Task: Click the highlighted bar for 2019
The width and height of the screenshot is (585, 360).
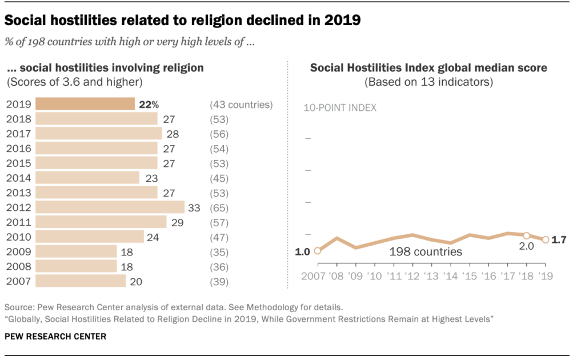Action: point(85,104)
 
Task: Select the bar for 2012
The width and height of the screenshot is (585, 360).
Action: point(110,207)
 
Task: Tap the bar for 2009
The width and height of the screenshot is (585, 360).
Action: point(76,252)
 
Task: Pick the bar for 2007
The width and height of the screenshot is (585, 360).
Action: point(81,281)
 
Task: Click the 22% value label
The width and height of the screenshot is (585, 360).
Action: point(147,105)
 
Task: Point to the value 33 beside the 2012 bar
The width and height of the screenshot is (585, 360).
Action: point(194,208)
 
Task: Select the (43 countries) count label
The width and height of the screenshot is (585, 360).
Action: point(241,105)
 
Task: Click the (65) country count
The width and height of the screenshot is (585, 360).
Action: point(219,208)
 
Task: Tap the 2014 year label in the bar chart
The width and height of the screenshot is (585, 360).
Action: point(18,178)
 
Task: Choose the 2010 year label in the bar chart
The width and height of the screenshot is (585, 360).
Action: point(18,237)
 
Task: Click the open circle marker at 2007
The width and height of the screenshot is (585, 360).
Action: point(318,250)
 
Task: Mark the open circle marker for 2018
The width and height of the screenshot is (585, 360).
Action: point(526,235)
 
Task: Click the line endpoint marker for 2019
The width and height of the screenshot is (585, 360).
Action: point(545,240)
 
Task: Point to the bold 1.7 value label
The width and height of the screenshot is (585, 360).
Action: point(559,240)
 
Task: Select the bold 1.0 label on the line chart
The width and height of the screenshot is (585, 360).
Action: point(303,251)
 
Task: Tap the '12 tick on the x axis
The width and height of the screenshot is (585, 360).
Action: point(412,276)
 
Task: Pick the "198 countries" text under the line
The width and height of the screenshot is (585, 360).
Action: point(426,251)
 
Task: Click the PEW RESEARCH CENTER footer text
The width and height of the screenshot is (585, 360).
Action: point(55,337)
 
